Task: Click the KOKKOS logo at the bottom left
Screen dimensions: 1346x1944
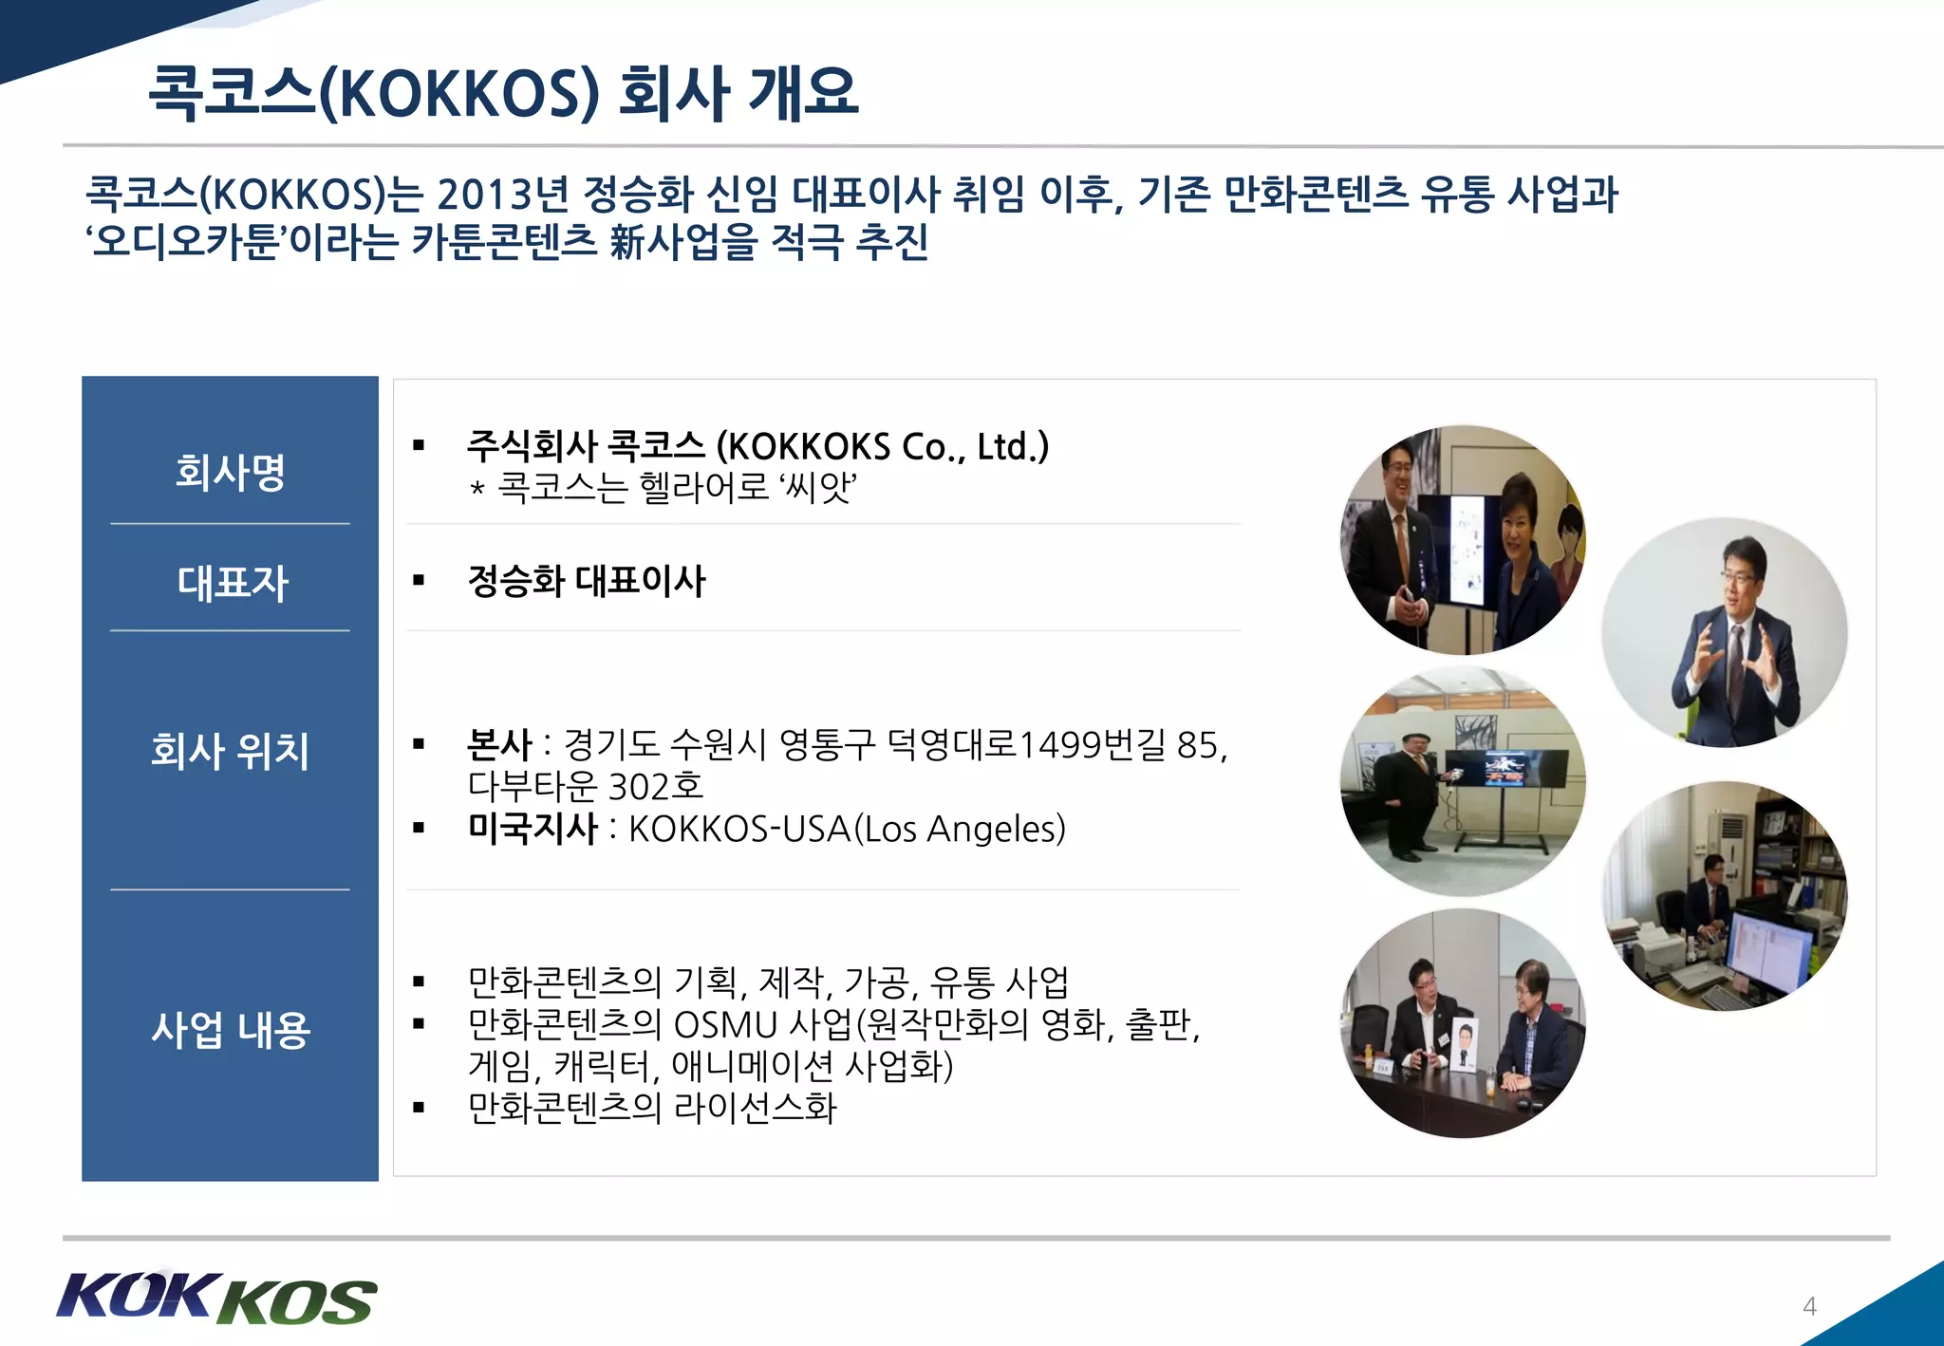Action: click(216, 1298)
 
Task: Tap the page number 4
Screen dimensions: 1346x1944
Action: click(1809, 1307)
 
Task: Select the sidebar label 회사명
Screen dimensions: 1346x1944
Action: click(230, 472)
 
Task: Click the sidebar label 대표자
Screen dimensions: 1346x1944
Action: click(232, 582)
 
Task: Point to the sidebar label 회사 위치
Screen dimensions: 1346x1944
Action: click(230, 750)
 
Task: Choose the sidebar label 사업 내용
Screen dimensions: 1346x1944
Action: click(231, 1030)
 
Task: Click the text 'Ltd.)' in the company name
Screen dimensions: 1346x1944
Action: click(1013, 446)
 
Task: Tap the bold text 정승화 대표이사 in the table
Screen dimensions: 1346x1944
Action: click(587, 581)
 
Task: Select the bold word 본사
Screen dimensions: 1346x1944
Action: click(499, 745)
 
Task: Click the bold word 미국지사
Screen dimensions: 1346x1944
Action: click(533, 829)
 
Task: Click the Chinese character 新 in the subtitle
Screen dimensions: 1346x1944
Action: click(627, 241)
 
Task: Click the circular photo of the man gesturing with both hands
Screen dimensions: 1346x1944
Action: click(1725, 632)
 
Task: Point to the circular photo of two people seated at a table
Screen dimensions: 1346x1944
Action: click(1463, 1023)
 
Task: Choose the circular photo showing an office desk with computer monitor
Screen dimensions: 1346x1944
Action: click(1725, 896)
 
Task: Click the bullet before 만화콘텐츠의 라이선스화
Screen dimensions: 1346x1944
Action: click(419, 1108)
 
